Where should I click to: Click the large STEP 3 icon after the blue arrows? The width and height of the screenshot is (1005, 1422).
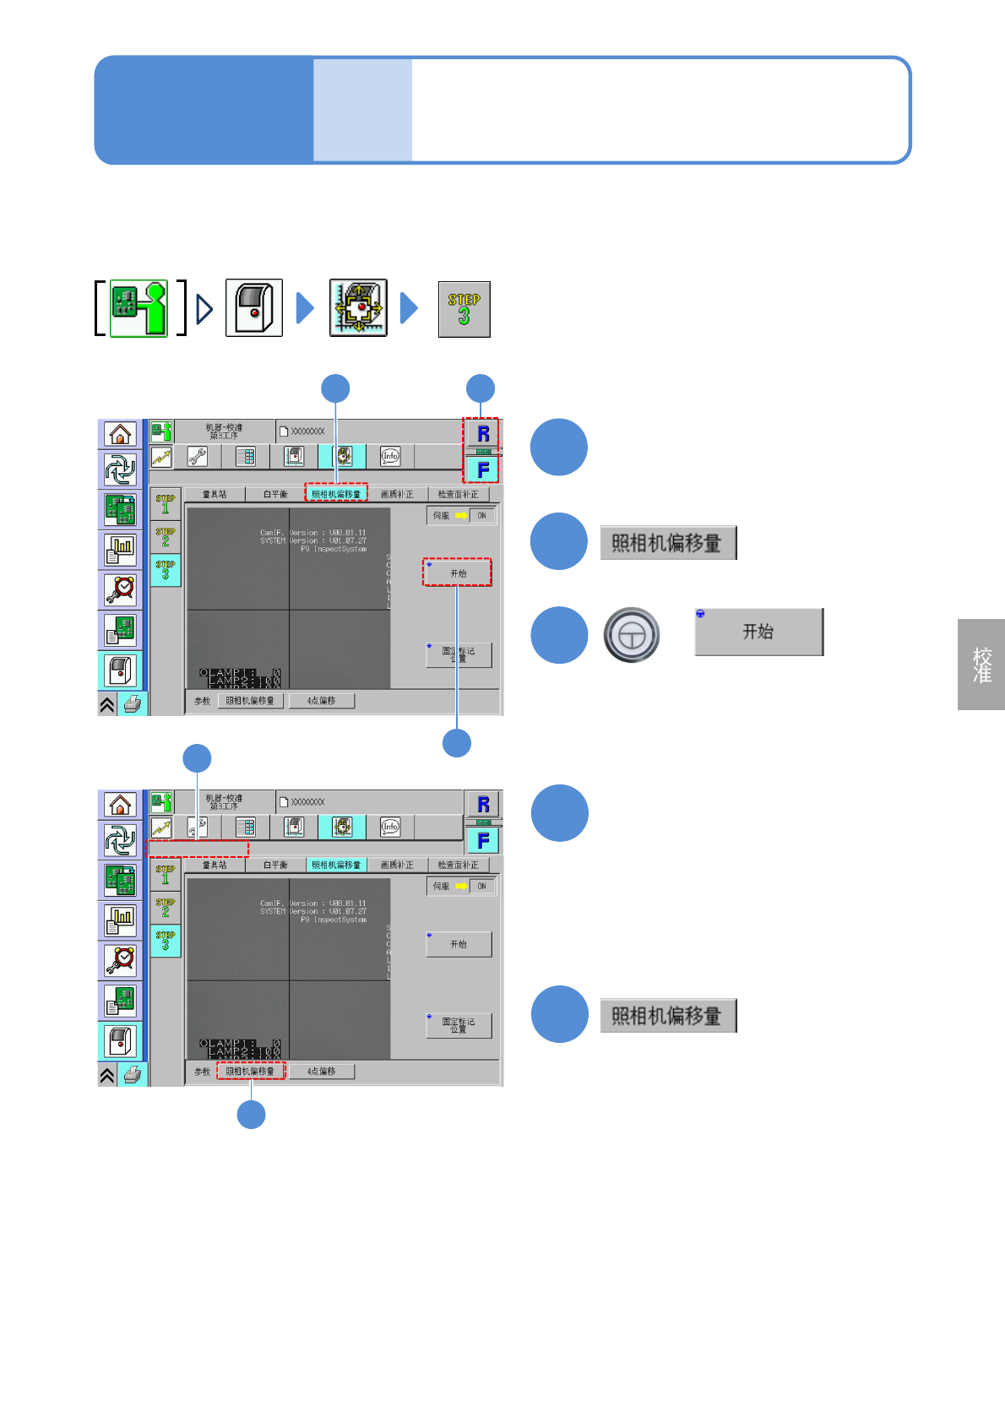click(x=464, y=309)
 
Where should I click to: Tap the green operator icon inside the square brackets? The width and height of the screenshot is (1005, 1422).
click(x=139, y=309)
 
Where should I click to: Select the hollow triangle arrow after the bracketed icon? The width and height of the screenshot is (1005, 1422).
click(x=204, y=309)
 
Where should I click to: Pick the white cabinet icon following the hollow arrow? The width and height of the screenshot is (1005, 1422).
click(x=253, y=309)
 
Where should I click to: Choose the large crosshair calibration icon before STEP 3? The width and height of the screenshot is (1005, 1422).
click(x=358, y=308)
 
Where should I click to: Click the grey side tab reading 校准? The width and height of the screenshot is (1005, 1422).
click(x=981, y=665)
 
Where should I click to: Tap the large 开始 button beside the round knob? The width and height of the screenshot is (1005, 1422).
click(x=758, y=632)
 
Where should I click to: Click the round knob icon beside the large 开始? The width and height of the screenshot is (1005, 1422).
click(x=631, y=635)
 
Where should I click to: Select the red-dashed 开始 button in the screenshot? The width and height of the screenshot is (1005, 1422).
click(x=457, y=573)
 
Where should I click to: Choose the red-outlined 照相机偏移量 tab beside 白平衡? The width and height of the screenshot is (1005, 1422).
click(x=336, y=494)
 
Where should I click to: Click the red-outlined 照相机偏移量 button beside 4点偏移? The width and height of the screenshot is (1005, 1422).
click(x=251, y=1071)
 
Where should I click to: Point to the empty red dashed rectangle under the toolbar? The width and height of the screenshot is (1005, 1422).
click(x=198, y=848)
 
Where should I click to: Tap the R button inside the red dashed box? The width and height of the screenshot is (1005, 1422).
click(x=483, y=434)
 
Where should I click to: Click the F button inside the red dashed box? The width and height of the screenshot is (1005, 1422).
click(x=483, y=469)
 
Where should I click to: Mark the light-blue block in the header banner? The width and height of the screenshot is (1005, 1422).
click(x=362, y=110)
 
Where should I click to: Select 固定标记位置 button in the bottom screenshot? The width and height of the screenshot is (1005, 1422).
click(x=459, y=1025)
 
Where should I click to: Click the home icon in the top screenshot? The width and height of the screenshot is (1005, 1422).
click(x=120, y=434)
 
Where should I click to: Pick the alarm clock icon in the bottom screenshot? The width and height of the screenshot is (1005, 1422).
click(x=121, y=959)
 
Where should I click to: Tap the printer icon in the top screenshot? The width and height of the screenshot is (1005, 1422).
click(x=132, y=703)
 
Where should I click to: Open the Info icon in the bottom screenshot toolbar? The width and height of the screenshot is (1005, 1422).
click(x=390, y=827)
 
